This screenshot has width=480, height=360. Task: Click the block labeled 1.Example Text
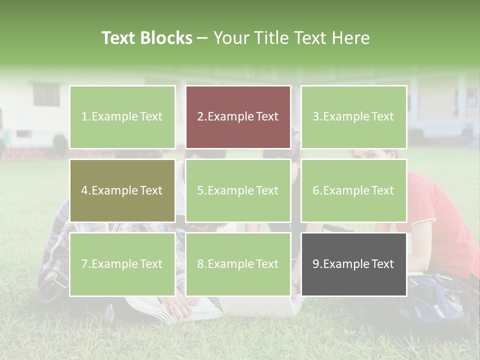[122, 117]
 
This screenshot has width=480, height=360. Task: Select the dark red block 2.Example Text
[238, 117]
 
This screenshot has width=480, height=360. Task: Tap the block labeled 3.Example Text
[353, 117]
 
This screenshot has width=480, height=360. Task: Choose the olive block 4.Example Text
[122, 190]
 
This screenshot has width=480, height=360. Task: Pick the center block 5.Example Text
[238, 190]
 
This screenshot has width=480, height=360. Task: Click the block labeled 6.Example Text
[353, 190]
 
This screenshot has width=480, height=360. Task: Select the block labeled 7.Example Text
[122, 264]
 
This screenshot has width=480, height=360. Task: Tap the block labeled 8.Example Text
[238, 264]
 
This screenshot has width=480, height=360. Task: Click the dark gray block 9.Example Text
[353, 264]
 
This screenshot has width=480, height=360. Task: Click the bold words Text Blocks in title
[147, 38]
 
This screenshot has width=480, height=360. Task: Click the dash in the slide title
[202, 38]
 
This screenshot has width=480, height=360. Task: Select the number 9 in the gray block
[316, 264]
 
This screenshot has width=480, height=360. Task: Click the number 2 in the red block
[200, 117]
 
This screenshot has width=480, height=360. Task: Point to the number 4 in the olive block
[84, 190]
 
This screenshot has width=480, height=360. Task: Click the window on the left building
[46, 94]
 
